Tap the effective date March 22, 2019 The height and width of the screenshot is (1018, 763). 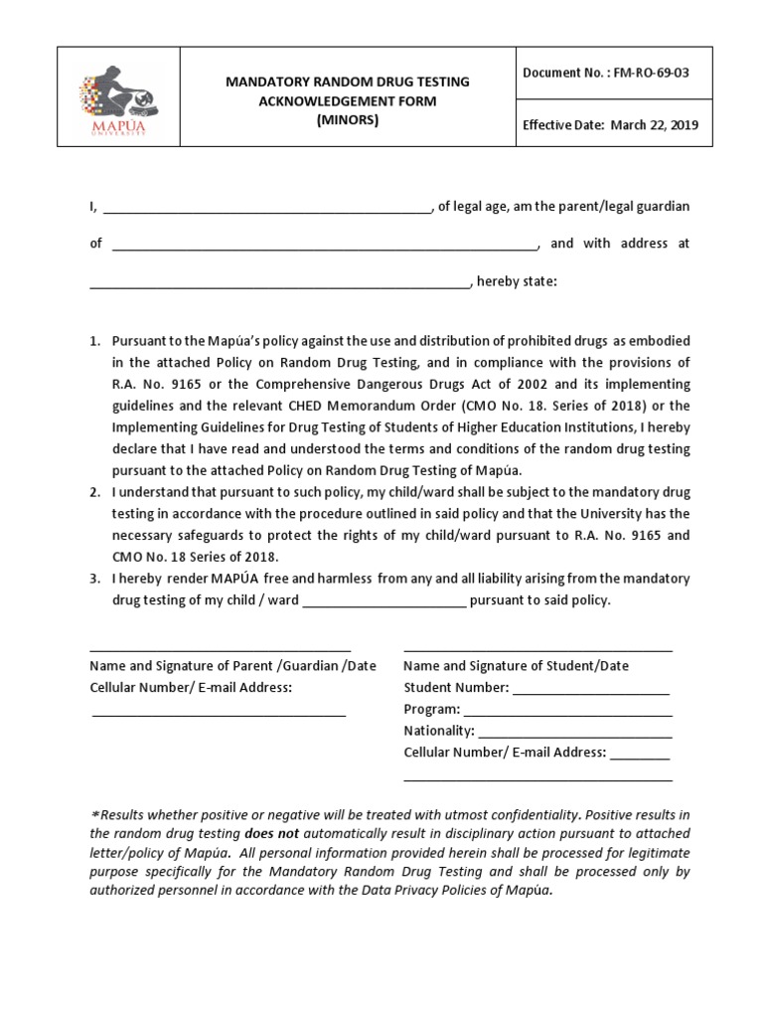pos(654,125)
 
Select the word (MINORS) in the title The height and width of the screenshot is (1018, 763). pos(348,119)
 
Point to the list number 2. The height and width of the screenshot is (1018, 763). pos(94,493)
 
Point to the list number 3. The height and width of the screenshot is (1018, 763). pos(94,580)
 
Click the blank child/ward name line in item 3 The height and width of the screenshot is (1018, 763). pos(383,602)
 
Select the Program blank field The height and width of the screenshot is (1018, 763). pos(567,712)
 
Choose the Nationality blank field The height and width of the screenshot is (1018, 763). pos(575,733)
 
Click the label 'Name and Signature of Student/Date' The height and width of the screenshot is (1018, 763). pos(516,666)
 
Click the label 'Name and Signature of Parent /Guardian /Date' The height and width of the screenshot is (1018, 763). pos(232,666)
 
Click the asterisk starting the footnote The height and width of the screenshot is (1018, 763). pos(93,814)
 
